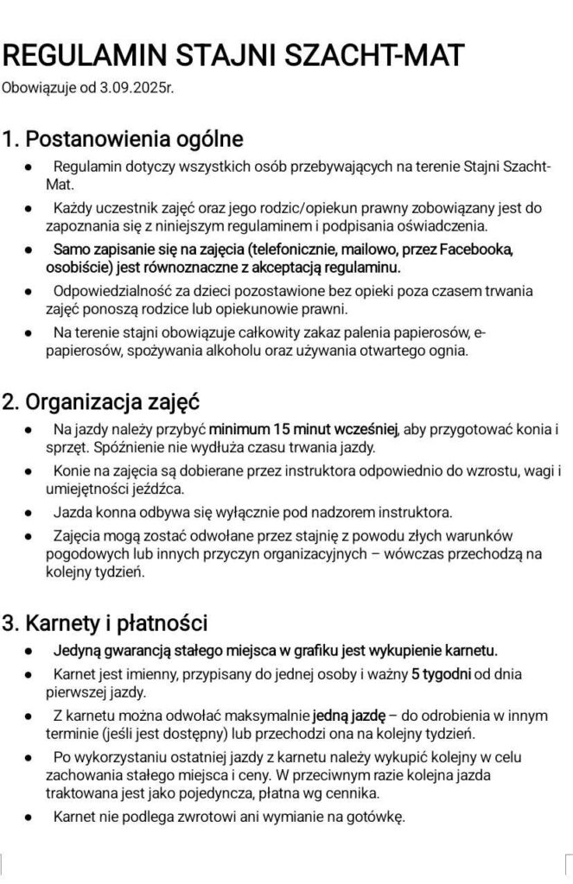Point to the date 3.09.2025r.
tap(138, 87)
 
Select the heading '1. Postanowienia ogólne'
tap(123, 138)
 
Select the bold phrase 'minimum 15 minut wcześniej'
tap(302, 428)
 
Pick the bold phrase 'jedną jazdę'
tap(345, 714)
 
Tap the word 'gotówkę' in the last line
tap(372, 816)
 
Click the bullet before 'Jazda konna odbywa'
tap(30, 512)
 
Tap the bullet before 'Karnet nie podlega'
tap(30, 816)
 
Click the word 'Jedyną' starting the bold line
tap(77, 648)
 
